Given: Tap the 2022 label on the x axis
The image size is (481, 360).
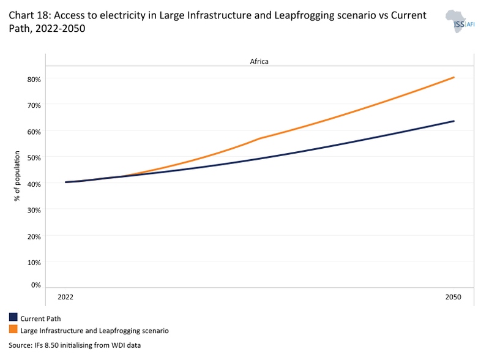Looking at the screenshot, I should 65,296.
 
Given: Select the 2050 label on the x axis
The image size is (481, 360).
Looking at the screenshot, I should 453,296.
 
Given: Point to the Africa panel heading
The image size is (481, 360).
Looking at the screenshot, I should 259,61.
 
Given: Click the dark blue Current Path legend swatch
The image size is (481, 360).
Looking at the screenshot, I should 13,318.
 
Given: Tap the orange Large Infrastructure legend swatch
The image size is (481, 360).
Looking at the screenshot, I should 13,330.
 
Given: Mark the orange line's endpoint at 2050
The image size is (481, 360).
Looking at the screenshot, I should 453,77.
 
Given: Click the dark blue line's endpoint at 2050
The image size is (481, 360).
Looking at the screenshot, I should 453,121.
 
